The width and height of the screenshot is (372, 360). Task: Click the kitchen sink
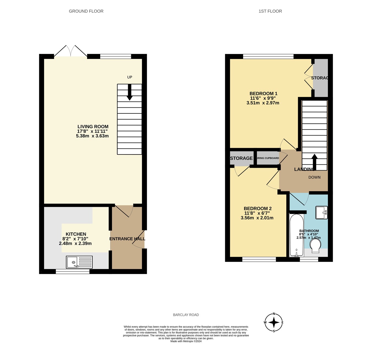pos(79,262)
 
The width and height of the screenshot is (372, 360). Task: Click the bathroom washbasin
pos(321,212)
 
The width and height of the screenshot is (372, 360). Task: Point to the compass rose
pos(274,322)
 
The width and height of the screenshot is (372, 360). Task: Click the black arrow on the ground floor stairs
pos(130,92)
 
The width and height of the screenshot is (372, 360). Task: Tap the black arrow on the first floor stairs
pos(314,162)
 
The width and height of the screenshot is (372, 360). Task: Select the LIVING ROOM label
pos(93,127)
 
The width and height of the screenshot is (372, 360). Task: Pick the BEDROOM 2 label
pos(258,209)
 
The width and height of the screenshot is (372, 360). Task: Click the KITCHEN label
pos(76,234)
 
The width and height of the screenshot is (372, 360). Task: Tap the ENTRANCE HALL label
pos(127,239)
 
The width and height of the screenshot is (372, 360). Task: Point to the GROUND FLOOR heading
pos(86,11)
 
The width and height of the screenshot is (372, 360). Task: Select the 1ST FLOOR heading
pos(270,11)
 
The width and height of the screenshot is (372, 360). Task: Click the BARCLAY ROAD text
pos(186,315)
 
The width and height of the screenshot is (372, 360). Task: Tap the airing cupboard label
pos(268,158)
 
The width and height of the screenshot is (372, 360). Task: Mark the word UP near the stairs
pos(130,77)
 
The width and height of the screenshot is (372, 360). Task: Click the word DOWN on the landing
pos(314,177)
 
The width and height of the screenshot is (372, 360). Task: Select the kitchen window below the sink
pos(72,272)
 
